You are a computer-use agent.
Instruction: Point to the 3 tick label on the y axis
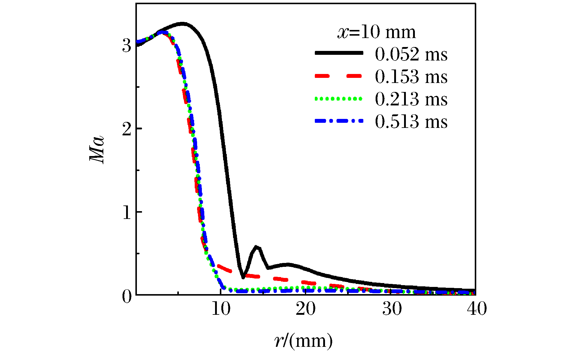click(127, 46)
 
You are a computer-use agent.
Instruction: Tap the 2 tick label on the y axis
click(127, 129)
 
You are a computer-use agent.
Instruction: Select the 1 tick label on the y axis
click(127, 212)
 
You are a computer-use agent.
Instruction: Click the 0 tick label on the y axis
click(127, 296)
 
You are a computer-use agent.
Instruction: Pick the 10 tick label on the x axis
click(221, 309)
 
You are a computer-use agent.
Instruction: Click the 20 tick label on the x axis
click(306, 309)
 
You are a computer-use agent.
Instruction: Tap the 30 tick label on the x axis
click(391, 309)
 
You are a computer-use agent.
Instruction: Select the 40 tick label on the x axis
click(477, 309)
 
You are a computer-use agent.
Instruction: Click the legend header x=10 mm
click(377, 32)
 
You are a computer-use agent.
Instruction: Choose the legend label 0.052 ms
click(411, 55)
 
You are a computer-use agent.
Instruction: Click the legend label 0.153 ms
click(411, 77)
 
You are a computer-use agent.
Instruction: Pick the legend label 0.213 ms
click(411, 99)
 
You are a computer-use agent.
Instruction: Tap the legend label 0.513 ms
click(411, 122)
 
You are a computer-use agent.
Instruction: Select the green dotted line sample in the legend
click(339, 98)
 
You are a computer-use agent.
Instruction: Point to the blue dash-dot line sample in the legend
click(339, 121)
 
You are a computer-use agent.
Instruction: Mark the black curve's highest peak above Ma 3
click(182, 24)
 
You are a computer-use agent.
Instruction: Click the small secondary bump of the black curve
click(257, 247)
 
